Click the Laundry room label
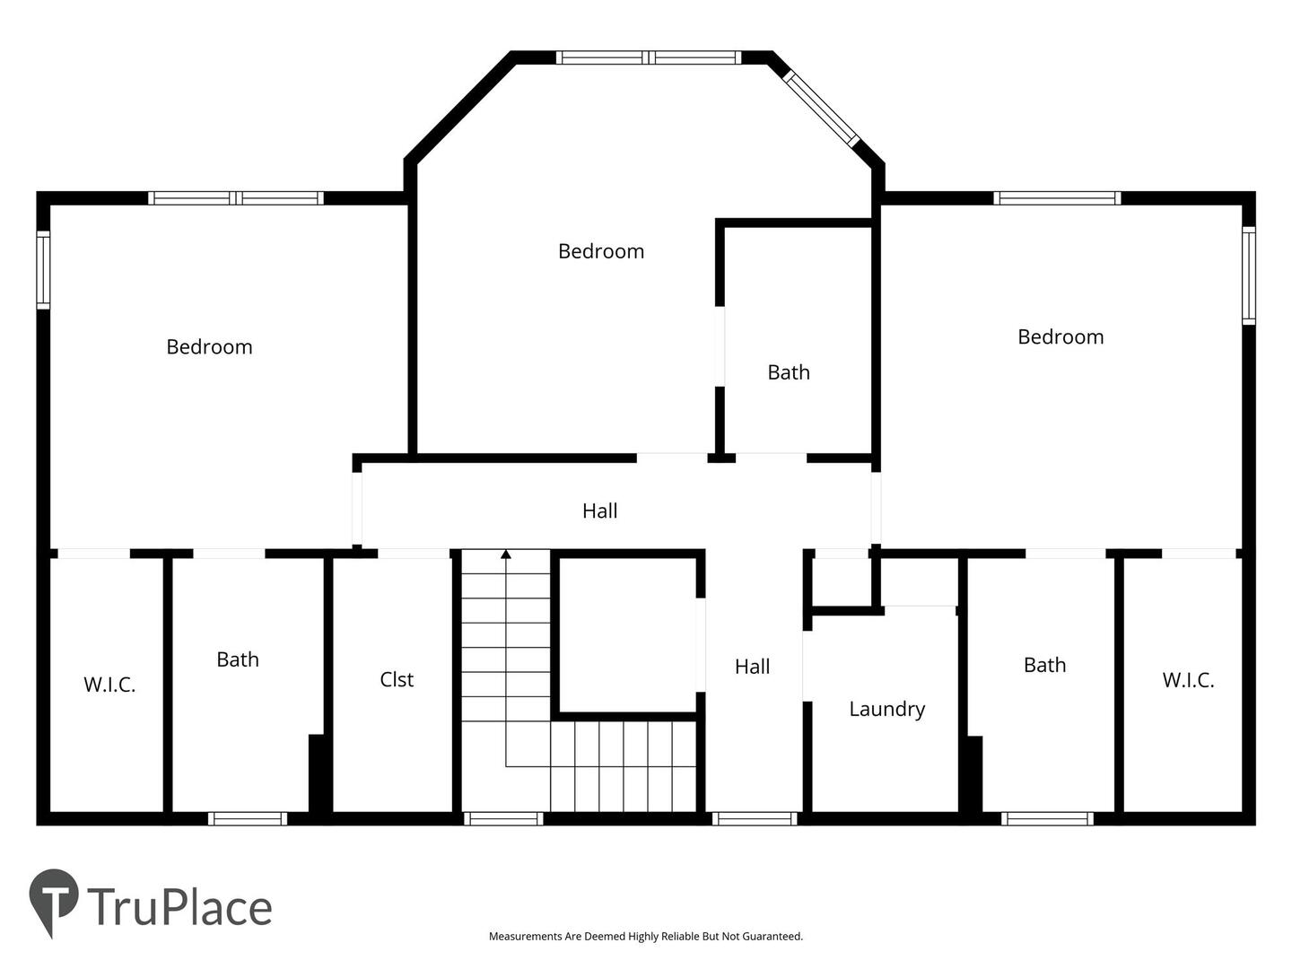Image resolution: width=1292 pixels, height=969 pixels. (x=886, y=710)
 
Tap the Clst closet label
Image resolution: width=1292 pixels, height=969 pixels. (x=397, y=679)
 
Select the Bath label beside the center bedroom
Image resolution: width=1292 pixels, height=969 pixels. (x=789, y=372)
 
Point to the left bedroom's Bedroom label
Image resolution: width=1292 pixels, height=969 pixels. (x=210, y=347)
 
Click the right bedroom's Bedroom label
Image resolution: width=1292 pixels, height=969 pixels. (x=1061, y=337)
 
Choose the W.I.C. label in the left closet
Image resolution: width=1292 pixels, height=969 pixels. (x=109, y=685)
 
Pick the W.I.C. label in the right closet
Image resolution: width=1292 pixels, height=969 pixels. (x=1189, y=680)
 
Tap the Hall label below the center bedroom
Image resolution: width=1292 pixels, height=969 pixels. (x=600, y=511)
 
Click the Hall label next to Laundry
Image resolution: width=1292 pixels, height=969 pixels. (x=752, y=667)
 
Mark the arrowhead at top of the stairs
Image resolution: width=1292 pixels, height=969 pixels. (x=506, y=554)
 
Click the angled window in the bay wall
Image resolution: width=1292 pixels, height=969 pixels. (x=821, y=109)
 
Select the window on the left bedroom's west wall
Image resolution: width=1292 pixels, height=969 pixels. (x=44, y=270)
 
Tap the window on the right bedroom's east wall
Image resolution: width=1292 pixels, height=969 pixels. (x=1248, y=275)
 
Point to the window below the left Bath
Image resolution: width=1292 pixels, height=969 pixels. (x=248, y=819)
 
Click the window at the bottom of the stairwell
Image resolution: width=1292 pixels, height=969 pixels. (x=503, y=819)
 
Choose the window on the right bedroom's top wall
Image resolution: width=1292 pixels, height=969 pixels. (x=1057, y=198)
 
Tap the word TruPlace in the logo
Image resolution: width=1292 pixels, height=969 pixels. (x=180, y=908)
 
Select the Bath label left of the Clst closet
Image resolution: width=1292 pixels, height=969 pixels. (x=238, y=659)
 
